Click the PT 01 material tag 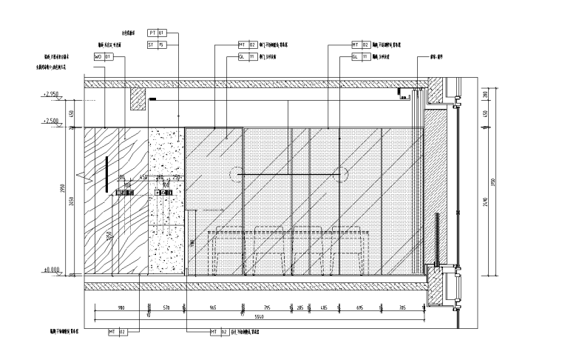coord(158,33)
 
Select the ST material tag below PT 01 coord(158,44)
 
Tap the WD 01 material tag coord(103,56)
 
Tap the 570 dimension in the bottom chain coord(167,307)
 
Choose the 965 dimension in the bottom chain coord(213,307)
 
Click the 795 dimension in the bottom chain coord(267,307)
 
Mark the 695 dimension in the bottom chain coord(360,307)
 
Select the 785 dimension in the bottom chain coord(403,307)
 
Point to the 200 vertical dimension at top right coord(484,94)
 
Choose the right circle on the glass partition coord(341,174)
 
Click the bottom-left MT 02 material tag coord(118,332)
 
